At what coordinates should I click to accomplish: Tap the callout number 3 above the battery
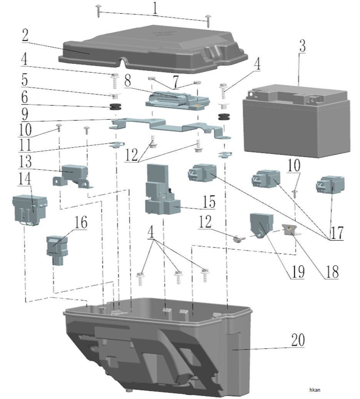302,46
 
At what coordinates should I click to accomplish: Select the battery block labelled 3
297,121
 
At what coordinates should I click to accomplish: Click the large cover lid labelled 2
153,48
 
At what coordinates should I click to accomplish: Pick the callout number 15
209,202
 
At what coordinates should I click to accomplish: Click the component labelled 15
162,189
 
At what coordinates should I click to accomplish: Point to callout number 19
298,272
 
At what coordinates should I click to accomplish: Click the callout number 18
332,272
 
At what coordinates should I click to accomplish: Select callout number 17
337,233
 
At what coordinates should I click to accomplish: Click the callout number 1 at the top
155,9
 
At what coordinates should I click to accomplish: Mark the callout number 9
25,115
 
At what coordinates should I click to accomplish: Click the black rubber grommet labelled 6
115,106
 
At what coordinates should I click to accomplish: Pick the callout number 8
128,81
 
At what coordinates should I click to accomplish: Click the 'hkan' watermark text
315,390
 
